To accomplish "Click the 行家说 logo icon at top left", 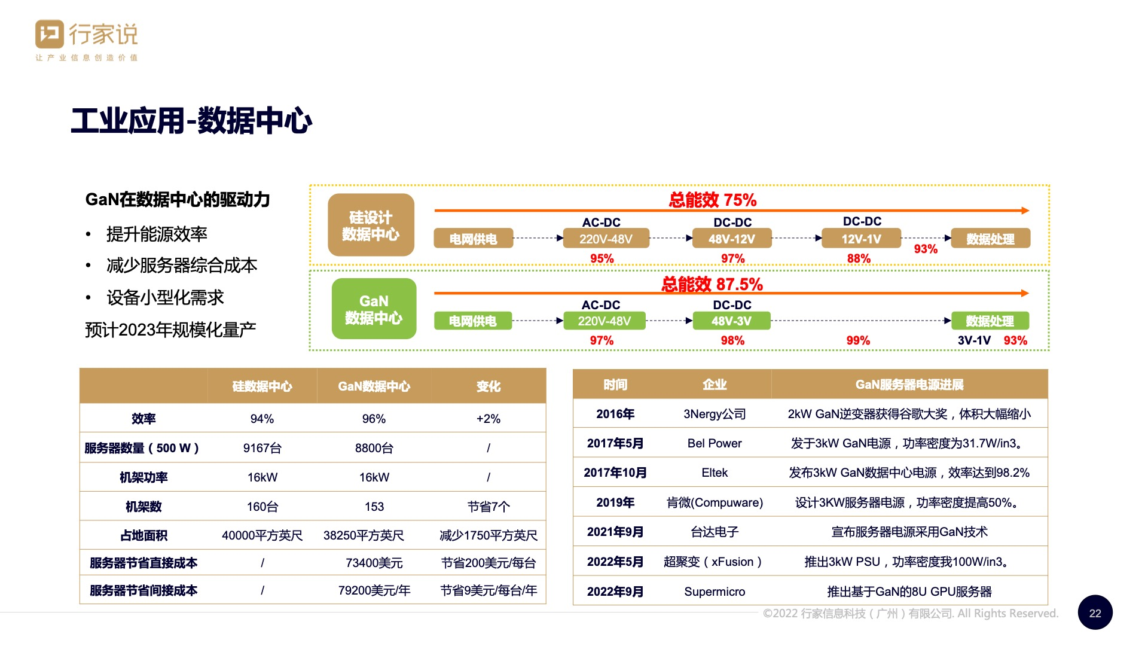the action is pyautogui.click(x=50, y=34).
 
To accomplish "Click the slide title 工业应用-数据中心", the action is pyautogui.click(x=191, y=121).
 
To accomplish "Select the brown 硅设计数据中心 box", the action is pyautogui.click(x=371, y=226).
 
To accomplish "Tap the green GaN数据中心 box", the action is pyautogui.click(x=374, y=309).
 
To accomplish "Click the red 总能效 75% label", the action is pyautogui.click(x=713, y=200).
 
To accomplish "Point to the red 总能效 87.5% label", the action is pyautogui.click(x=712, y=284).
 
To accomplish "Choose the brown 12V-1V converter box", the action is pyautogui.click(x=861, y=239).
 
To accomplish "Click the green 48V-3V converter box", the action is pyautogui.click(x=731, y=321).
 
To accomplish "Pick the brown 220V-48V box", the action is pyautogui.click(x=606, y=239).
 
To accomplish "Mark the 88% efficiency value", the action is pyautogui.click(x=859, y=258).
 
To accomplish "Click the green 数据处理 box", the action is pyautogui.click(x=990, y=321).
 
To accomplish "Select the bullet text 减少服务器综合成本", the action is pyautogui.click(x=182, y=265).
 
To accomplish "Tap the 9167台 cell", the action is pyautogui.click(x=262, y=448).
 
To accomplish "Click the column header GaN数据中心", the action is pyautogui.click(x=374, y=386).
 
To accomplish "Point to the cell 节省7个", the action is pyautogui.click(x=488, y=507).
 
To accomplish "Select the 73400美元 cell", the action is pyautogui.click(x=374, y=563).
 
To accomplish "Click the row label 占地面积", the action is pyautogui.click(x=143, y=535).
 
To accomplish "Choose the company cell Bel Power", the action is pyautogui.click(x=715, y=443).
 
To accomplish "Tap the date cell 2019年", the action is pyautogui.click(x=615, y=502).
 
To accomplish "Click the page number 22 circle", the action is pyautogui.click(x=1095, y=613).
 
